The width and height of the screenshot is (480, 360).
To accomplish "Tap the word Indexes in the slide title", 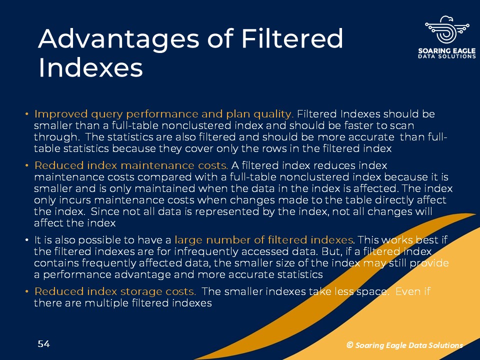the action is (90, 67).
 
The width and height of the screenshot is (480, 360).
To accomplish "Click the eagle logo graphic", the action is (447, 30).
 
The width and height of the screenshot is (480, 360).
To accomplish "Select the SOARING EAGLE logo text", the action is (447, 50).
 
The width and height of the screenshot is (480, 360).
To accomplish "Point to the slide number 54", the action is (44, 344).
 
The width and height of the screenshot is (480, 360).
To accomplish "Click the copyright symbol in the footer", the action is (349, 345).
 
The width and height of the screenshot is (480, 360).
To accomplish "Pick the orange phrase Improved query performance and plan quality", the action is (164, 114).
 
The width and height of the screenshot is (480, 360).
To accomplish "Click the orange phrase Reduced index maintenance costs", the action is (131, 165).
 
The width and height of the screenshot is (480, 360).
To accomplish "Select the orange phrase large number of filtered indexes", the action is (263, 239).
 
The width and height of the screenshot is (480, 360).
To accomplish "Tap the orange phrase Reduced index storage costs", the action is (115, 291).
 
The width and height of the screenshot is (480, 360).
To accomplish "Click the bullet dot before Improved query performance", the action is (27, 114).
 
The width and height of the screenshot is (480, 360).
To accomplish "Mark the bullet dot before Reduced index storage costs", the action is (27, 291).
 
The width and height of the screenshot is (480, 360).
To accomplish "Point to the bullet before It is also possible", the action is (27, 240).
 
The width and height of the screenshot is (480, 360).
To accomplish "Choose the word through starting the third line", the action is (56, 137).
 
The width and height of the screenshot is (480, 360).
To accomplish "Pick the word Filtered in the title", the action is (292, 38).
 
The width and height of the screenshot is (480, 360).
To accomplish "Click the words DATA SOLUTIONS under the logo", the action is (447, 56).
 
